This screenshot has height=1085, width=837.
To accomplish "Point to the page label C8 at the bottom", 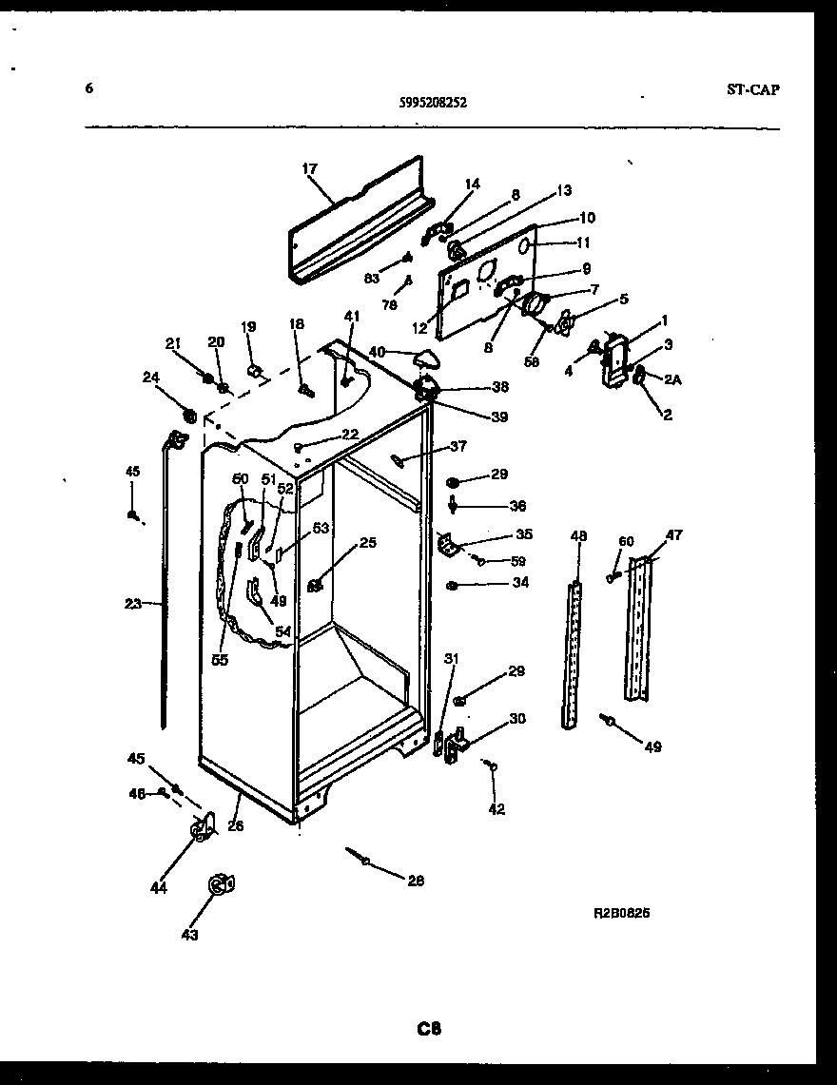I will pyautogui.click(x=428, y=1028).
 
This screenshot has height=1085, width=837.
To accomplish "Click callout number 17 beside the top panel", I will pyautogui.click(x=309, y=169).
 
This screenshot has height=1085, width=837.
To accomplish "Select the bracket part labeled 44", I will pyautogui.click(x=203, y=829).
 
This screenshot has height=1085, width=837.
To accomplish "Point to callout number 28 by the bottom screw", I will pyautogui.click(x=416, y=881).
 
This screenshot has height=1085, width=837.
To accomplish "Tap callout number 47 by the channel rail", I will pyautogui.click(x=673, y=535).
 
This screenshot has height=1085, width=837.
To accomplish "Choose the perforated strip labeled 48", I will pyautogui.click(x=573, y=656).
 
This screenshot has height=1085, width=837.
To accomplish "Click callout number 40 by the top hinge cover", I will pyautogui.click(x=377, y=352).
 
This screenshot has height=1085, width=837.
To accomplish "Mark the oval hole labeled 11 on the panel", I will pyautogui.click(x=524, y=245).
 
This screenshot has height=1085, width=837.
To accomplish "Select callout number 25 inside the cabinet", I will pyautogui.click(x=367, y=543).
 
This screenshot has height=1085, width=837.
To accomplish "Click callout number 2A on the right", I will pyautogui.click(x=673, y=379).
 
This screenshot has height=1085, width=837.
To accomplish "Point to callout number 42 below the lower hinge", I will pyautogui.click(x=496, y=809).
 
